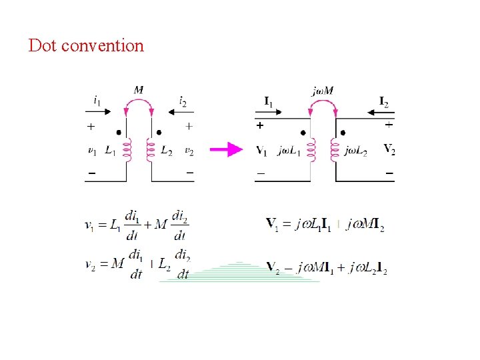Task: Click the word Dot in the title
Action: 42,46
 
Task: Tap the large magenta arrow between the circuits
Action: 226,149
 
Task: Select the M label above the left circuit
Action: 139,90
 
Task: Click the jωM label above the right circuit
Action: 323,91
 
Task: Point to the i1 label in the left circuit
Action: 98,101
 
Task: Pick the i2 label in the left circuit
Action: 182,101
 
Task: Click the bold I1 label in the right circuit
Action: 268,101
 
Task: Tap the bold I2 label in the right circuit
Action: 383,101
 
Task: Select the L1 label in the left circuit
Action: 111,151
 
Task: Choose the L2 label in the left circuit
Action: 167,151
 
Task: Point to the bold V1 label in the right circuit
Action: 262,151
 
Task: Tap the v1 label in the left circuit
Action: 92,151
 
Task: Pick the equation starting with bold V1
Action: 325,225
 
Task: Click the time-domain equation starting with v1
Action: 137,225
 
